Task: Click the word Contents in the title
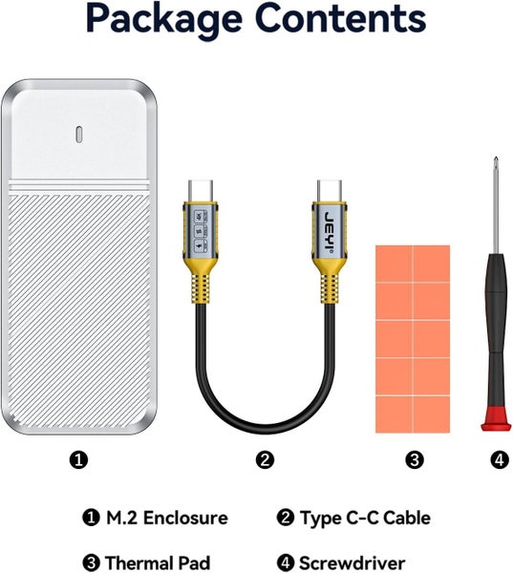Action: click(x=341, y=17)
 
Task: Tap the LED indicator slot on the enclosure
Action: click(x=79, y=134)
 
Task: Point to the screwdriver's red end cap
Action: click(x=496, y=419)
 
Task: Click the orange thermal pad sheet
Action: click(x=413, y=339)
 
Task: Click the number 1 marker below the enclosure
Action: click(x=78, y=459)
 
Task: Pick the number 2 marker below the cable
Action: click(x=265, y=459)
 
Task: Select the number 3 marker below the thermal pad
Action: click(x=415, y=459)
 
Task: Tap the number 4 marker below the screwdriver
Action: click(x=500, y=459)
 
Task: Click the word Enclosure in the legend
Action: click(x=185, y=518)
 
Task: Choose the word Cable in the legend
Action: click(x=407, y=518)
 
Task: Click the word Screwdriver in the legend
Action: click(x=353, y=562)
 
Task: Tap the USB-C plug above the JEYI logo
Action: click(x=330, y=191)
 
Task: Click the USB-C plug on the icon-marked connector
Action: click(x=201, y=191)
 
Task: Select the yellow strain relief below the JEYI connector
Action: click(x=330, y=282)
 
